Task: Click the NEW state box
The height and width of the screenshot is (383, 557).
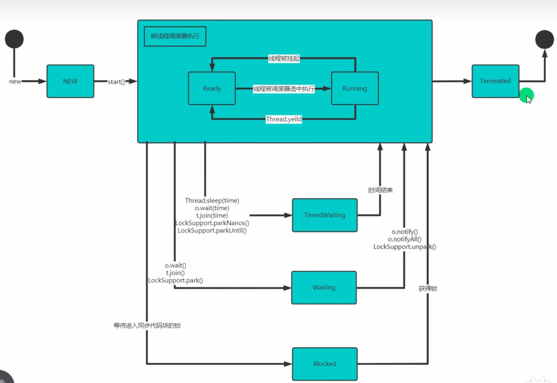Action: pos(70,81)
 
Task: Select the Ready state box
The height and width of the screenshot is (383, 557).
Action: pos(212,88)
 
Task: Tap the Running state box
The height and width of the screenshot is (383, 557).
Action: pos(355,88)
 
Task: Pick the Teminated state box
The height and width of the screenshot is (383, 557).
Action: pos(495,81)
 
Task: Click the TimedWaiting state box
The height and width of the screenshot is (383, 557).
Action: pos(325,215)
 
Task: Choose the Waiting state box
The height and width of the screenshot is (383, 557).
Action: pos(324,287)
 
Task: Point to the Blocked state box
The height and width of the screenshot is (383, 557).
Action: pos(325,364)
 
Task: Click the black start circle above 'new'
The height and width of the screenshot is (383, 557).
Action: pos(14,39)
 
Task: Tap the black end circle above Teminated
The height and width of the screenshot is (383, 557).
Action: pos(544,39)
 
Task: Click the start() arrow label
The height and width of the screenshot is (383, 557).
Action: pos(116,82)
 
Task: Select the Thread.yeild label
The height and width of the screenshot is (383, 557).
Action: pos(284,119)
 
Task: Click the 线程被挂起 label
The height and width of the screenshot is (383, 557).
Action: pos(284,59)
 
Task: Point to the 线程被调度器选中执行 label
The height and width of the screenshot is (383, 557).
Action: pos(284,89)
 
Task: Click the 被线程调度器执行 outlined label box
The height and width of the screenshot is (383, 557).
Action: pos(175,36)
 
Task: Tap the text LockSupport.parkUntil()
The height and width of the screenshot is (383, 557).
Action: pos(212,230)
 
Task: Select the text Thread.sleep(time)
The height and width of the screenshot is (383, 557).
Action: pos(212,200)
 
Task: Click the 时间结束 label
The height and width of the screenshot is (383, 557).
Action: pos(380,190)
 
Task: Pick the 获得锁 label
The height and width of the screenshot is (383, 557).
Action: pos(427,289)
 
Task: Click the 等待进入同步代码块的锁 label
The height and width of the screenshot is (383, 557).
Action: pos(147,325)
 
